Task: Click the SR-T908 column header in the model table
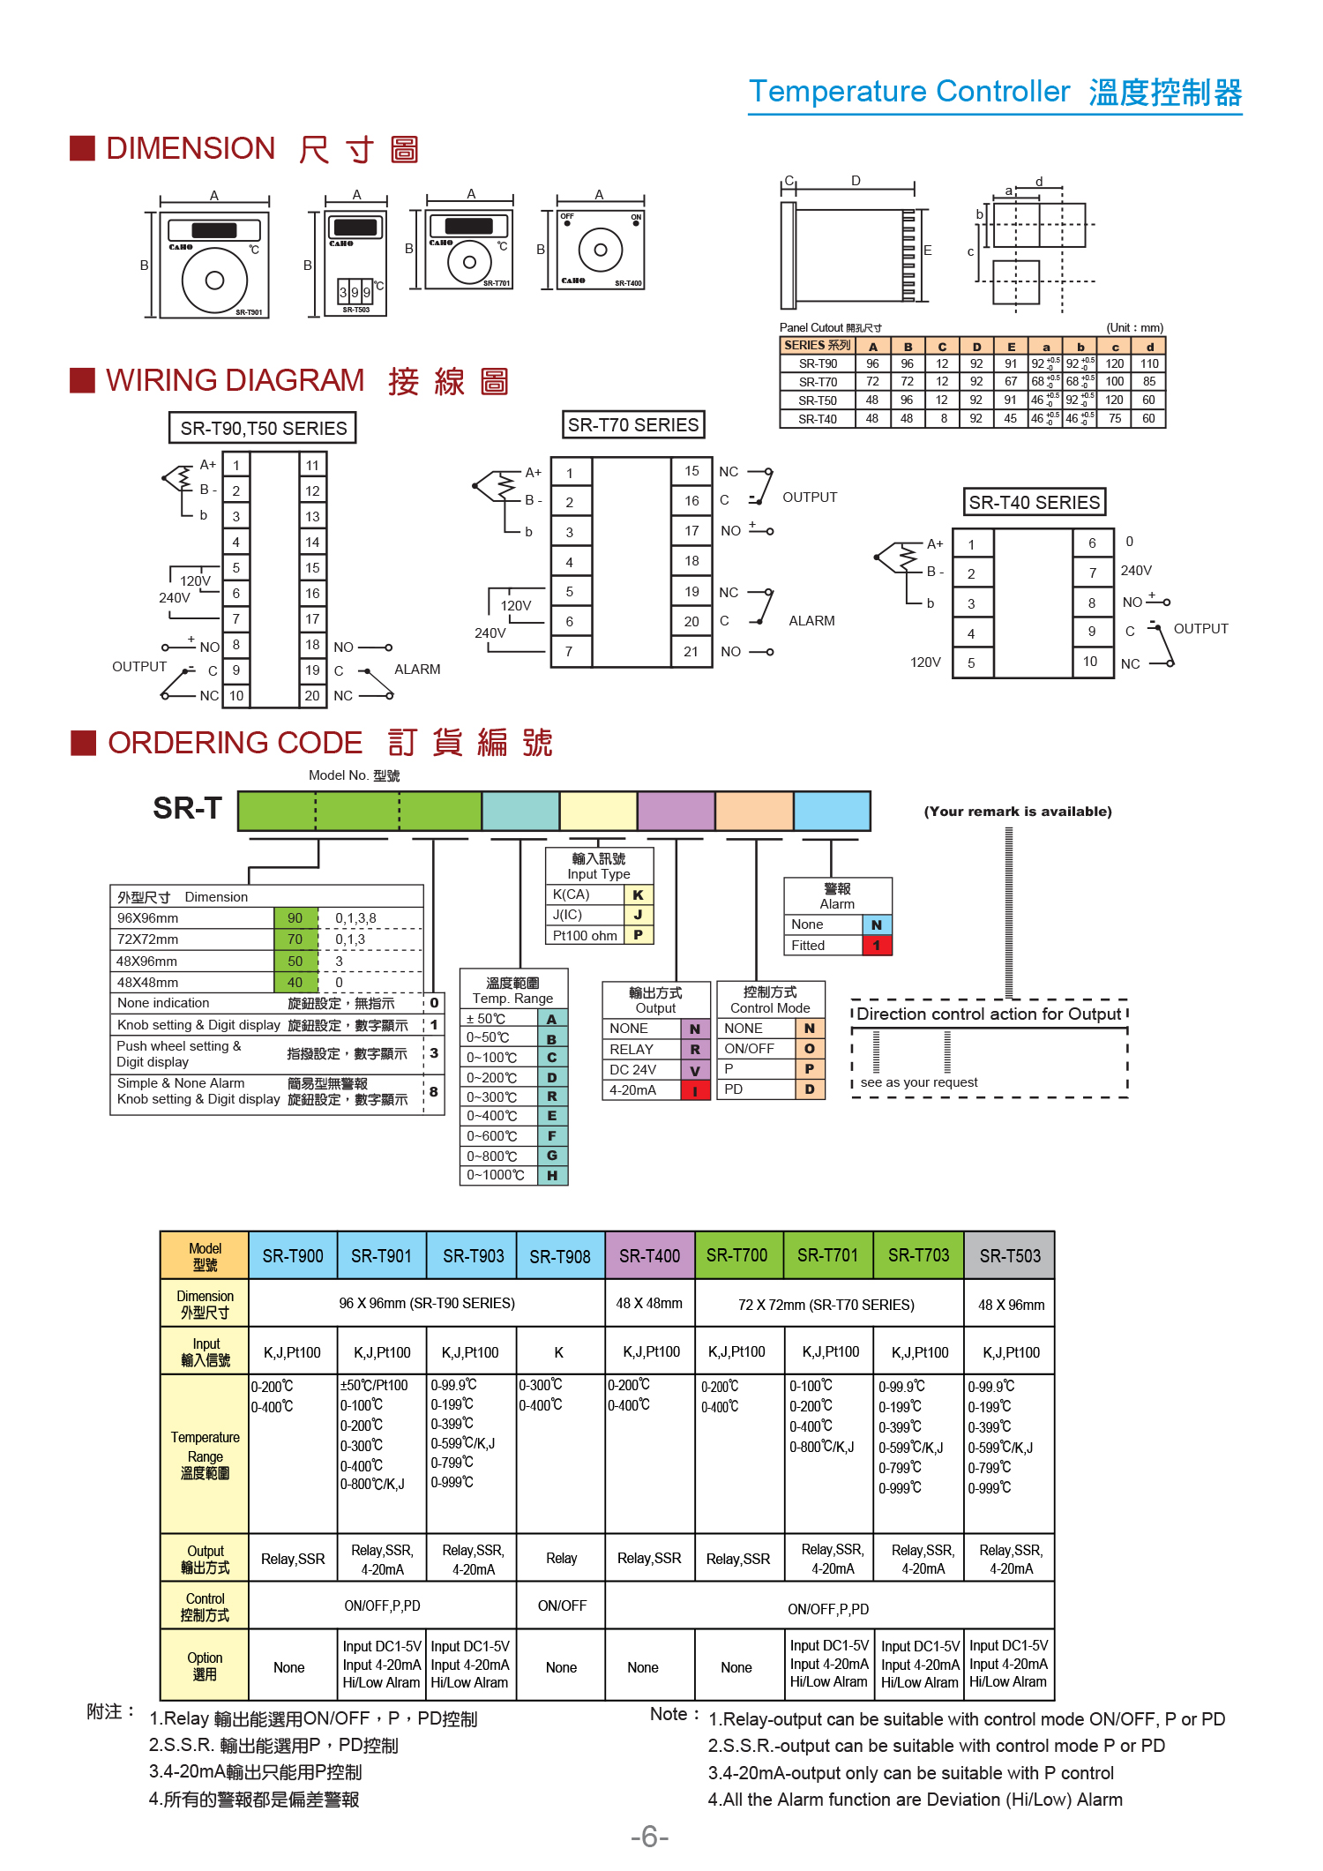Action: (560, 1255)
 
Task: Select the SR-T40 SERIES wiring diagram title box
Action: (1034, 502)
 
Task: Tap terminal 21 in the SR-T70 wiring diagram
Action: (691, 652)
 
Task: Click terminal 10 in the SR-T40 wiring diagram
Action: (1091, 662)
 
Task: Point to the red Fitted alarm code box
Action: (877, 945)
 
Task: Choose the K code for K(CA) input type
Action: (639, 894)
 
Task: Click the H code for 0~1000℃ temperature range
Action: (552, 1175)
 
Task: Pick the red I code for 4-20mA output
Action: (695, 1090)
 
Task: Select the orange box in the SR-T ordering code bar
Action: (754, 811)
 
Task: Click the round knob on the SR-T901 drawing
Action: (214, 281)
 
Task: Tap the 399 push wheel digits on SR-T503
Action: (355, 292)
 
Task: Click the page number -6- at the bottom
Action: (650, 1837)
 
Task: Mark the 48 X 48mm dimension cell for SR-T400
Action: (649, 1303)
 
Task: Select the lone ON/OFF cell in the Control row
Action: (562, 1605)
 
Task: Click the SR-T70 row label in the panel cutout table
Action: (818, 382)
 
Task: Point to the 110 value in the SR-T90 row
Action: (1149, 363)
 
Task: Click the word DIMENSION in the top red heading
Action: (191, 148)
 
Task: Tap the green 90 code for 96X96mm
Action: (295, 917)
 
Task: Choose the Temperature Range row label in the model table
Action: (206, 1455)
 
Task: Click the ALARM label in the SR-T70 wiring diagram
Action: (811, 621)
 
